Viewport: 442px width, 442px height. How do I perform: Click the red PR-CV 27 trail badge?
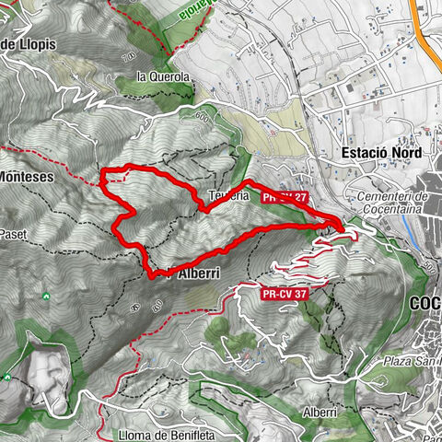pyautogui.click(x=284, y=197)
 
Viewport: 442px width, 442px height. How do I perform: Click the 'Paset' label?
pyautogui.click(x=13, y=236)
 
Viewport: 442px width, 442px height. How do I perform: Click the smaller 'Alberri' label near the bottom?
pyautogui.click(x=318, y=414)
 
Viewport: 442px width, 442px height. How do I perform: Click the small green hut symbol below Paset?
pyautogui.click(x=46, y=296)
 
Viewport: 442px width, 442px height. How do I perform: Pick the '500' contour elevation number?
pyautogui.click(x=430, y=268)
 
